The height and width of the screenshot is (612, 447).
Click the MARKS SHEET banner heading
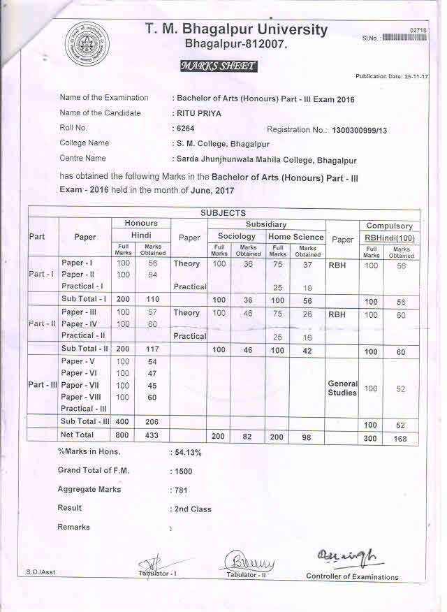pyautogui.click(x=218, y=66)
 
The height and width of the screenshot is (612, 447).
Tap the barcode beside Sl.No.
pyautogui.click(x=405, y=38)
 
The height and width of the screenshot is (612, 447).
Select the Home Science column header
pyautogui.click(x=296, y=237)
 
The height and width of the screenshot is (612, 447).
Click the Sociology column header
pyautogui.click(x=237, y=237)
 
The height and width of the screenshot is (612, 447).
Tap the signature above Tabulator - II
pyautogui.click(x=249, y=561)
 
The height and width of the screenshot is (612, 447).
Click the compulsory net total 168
pyautogui.click(x=401, y=438)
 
